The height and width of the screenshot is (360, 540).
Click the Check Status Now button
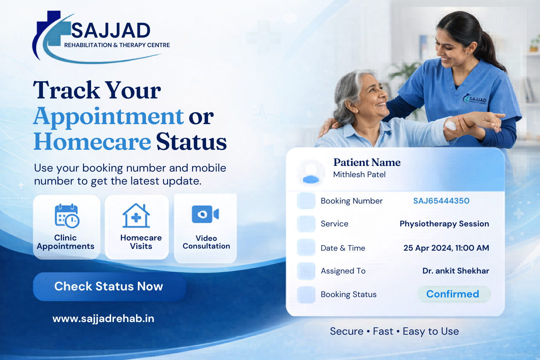(109, 287)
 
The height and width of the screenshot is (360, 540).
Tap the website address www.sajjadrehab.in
(103, 319)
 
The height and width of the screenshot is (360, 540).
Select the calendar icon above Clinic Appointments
(67, 216)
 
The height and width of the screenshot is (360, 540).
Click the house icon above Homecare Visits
(136, 216)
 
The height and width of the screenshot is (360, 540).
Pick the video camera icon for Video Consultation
(205, 214)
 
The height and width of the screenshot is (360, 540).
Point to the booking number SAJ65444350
(441, 201)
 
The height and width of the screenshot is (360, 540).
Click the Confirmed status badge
(453, 294)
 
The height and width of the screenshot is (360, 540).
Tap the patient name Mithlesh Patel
(359, 174)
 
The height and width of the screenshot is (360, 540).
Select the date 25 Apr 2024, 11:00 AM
(446, 248)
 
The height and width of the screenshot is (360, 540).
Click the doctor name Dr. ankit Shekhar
(456, 271)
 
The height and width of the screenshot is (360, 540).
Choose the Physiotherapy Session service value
(444, 224)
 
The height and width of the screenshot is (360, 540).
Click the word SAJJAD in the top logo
(111, 31)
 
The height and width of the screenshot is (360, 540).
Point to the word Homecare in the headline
(92, 142)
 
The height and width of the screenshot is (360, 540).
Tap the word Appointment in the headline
(109, 116)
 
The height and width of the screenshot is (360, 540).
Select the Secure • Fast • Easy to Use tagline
(394, 331)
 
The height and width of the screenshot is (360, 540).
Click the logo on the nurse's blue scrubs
(475, 99)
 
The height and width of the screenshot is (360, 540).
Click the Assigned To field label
(343, 271)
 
